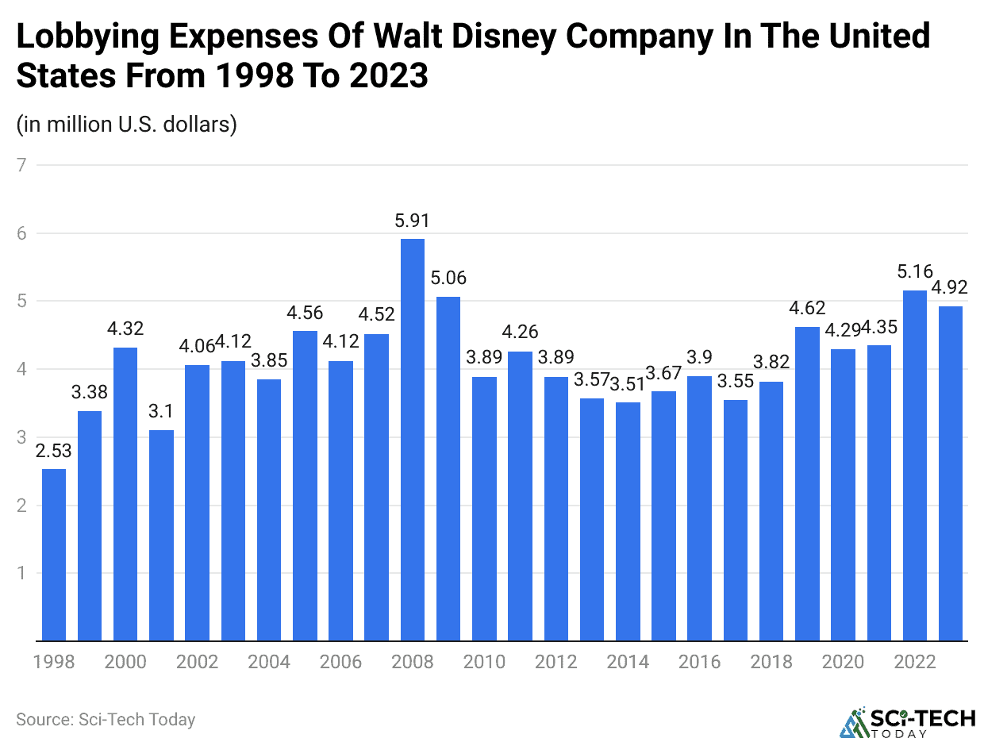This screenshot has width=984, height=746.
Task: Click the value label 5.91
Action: [413, 221]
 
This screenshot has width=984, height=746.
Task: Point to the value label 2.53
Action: [54, 452]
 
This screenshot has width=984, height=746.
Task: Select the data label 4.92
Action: [951, 288]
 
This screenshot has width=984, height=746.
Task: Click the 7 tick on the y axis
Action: [21, 165]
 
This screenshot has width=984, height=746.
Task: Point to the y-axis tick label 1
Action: [21, 573]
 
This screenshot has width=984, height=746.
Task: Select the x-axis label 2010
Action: [484, 662]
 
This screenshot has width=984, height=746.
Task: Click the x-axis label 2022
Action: [915, 662]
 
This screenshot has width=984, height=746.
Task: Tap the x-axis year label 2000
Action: [125, 662]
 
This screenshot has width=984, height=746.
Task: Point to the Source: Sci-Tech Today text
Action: [106, 720]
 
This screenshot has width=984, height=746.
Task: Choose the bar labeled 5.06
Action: [448, 468]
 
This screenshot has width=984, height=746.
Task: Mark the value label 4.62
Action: [807, 308]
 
